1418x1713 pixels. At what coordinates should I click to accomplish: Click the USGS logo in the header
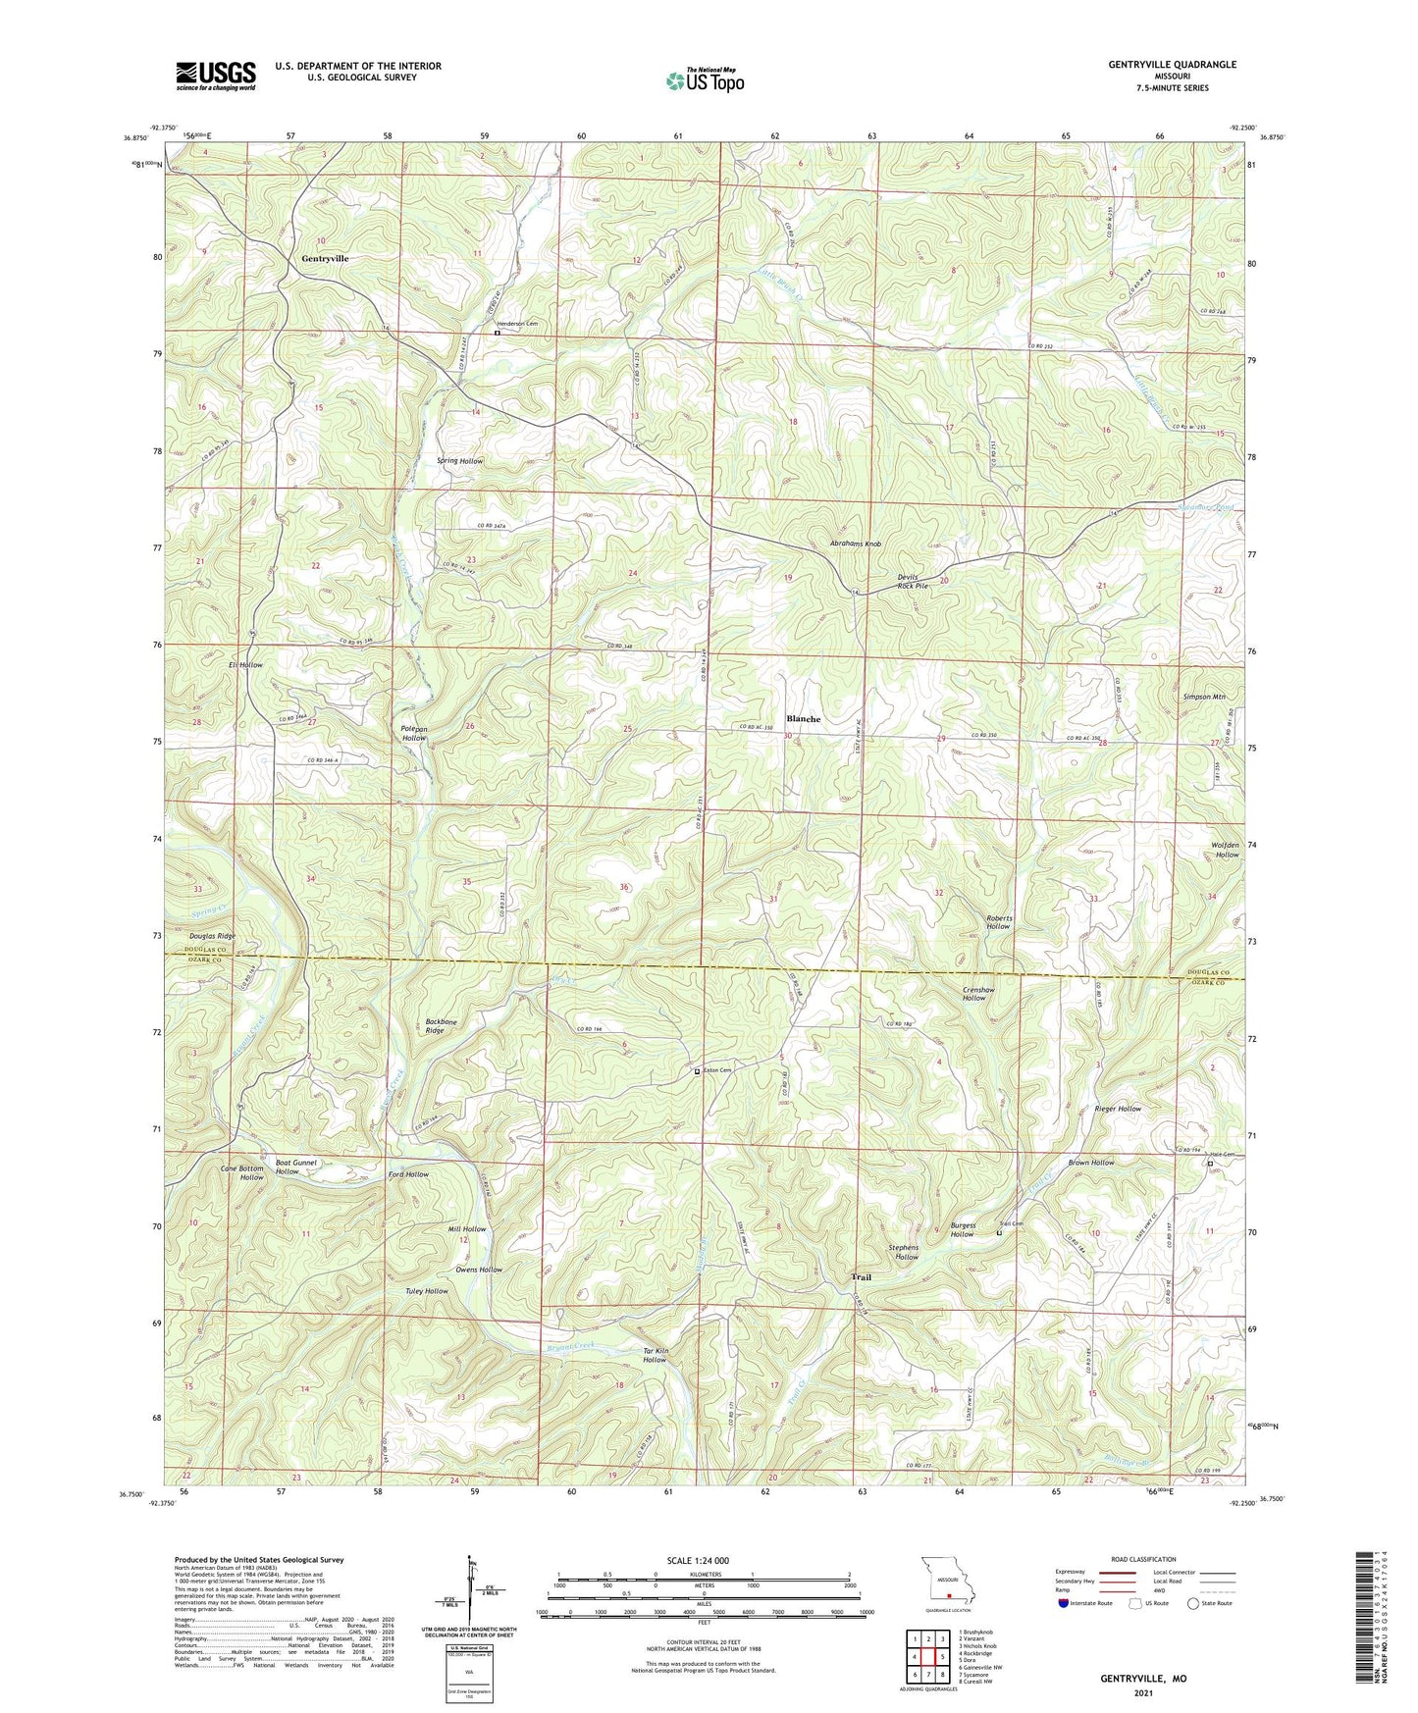coord(216,75)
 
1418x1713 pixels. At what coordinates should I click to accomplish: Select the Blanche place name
coord(803,719)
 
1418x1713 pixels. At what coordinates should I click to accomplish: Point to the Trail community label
coord(861,1277)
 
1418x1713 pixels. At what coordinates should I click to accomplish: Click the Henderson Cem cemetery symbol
coord(497,333)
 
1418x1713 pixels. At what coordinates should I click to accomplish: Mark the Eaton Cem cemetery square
coord(698,1071)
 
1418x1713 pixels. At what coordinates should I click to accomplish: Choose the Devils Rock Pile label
coord(913,581)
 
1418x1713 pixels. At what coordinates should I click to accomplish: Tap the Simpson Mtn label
coord(1205,697)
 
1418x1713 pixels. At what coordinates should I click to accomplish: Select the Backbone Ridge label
coord(441,1026)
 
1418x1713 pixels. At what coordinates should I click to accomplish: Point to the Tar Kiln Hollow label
coord(655,1355)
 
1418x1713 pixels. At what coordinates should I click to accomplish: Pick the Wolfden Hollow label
coord(1226,850)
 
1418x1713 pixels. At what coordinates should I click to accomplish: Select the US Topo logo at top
coord(704,80)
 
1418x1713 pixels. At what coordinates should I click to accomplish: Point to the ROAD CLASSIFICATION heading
coord(1142,1559)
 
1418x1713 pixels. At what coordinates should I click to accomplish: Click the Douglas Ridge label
coord(212,937)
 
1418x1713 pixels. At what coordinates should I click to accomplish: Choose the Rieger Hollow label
coord(1118,1109)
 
